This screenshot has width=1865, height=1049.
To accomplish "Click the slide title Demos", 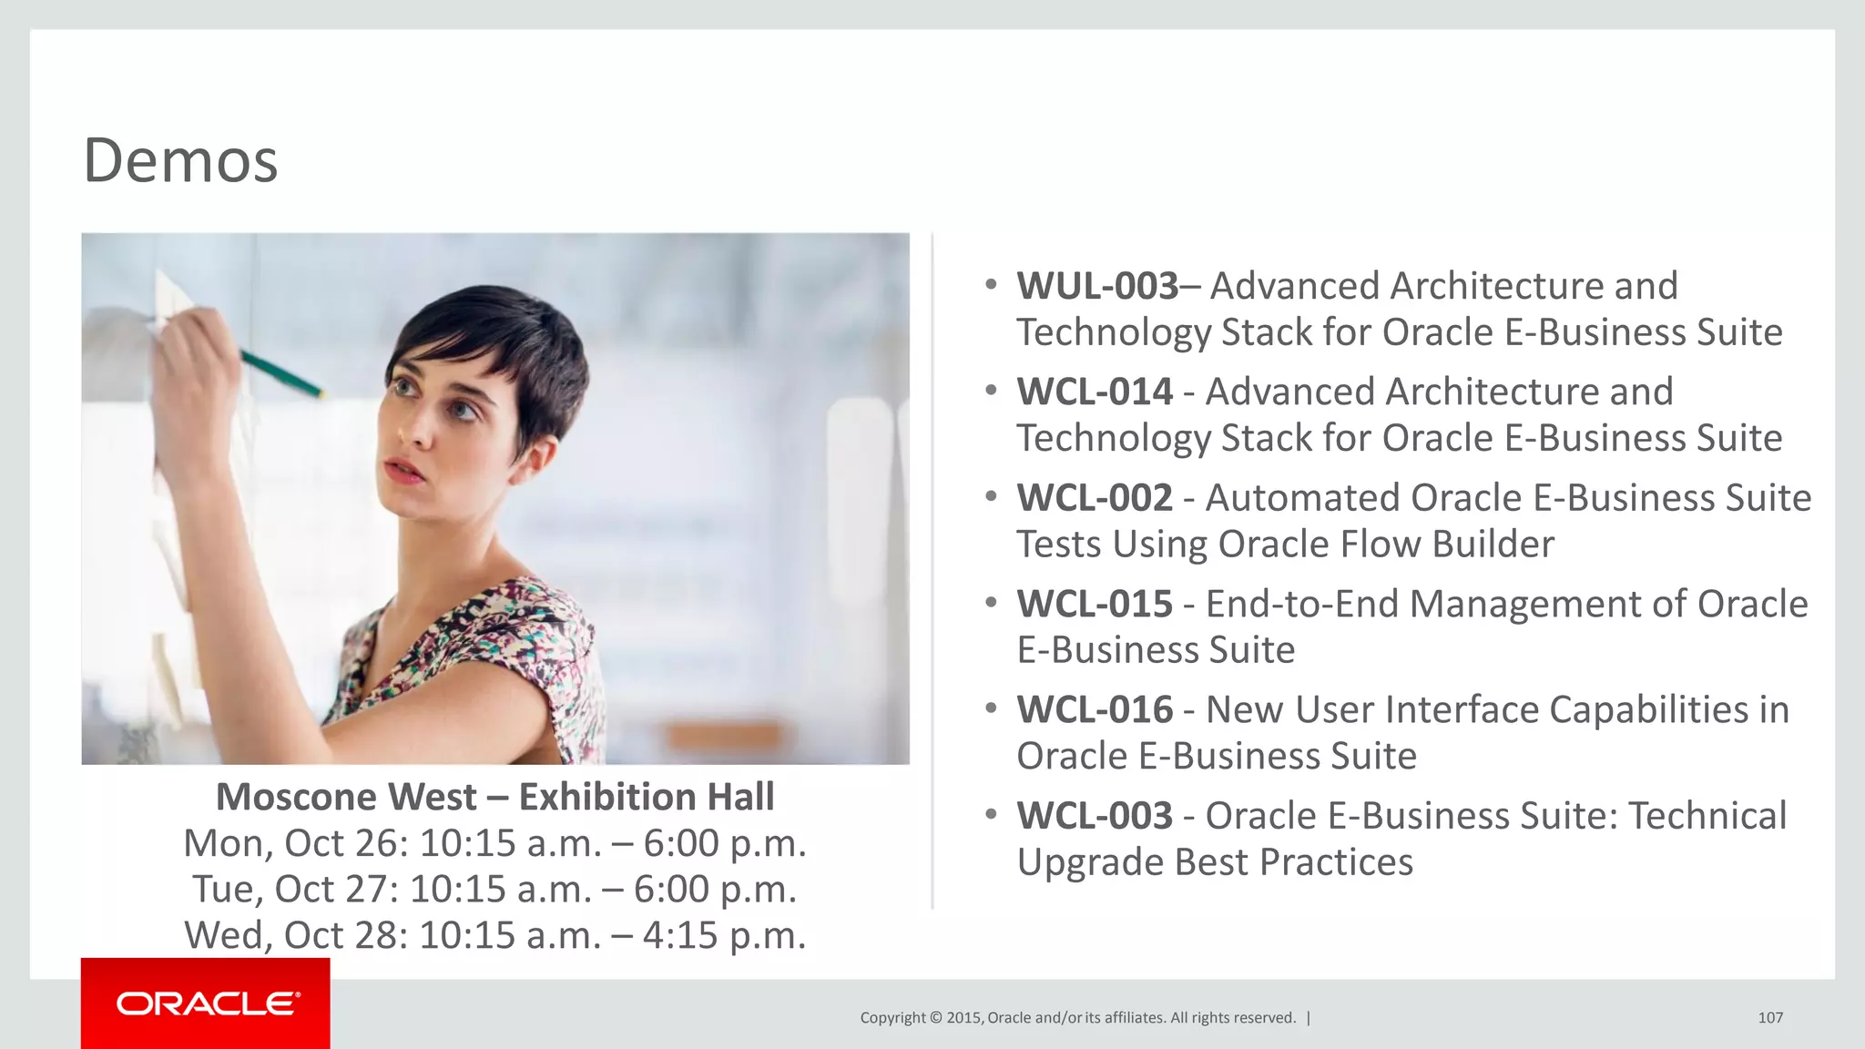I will click(x=180, y=160).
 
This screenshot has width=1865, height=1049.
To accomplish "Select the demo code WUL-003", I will click(x=1097, y=286).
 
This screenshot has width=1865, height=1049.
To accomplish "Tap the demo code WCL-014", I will click(x=1095, y=392).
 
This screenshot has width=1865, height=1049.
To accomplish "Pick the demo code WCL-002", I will click(x=1095, y=498).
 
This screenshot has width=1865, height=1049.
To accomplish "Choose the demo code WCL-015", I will click(x=1095, y=604).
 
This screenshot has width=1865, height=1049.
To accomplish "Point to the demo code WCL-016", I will click(x=1095, y=710).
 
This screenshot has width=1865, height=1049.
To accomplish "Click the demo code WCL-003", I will click(x=1095, y=816).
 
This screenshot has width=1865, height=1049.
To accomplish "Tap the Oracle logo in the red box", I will click(x=207, y=1003).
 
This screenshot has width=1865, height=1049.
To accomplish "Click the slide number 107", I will click(x=1769, y=1017).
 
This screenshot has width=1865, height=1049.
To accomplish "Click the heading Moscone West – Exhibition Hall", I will click(x=494, y=797).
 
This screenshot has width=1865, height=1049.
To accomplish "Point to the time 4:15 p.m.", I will click(x=724, y=935).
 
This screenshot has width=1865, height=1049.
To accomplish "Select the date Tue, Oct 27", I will click(x=295, y=890).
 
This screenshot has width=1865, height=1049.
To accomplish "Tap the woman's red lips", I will click(x=403, y=470).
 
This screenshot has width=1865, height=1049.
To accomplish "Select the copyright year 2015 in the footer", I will click(x=963, y=1017).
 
